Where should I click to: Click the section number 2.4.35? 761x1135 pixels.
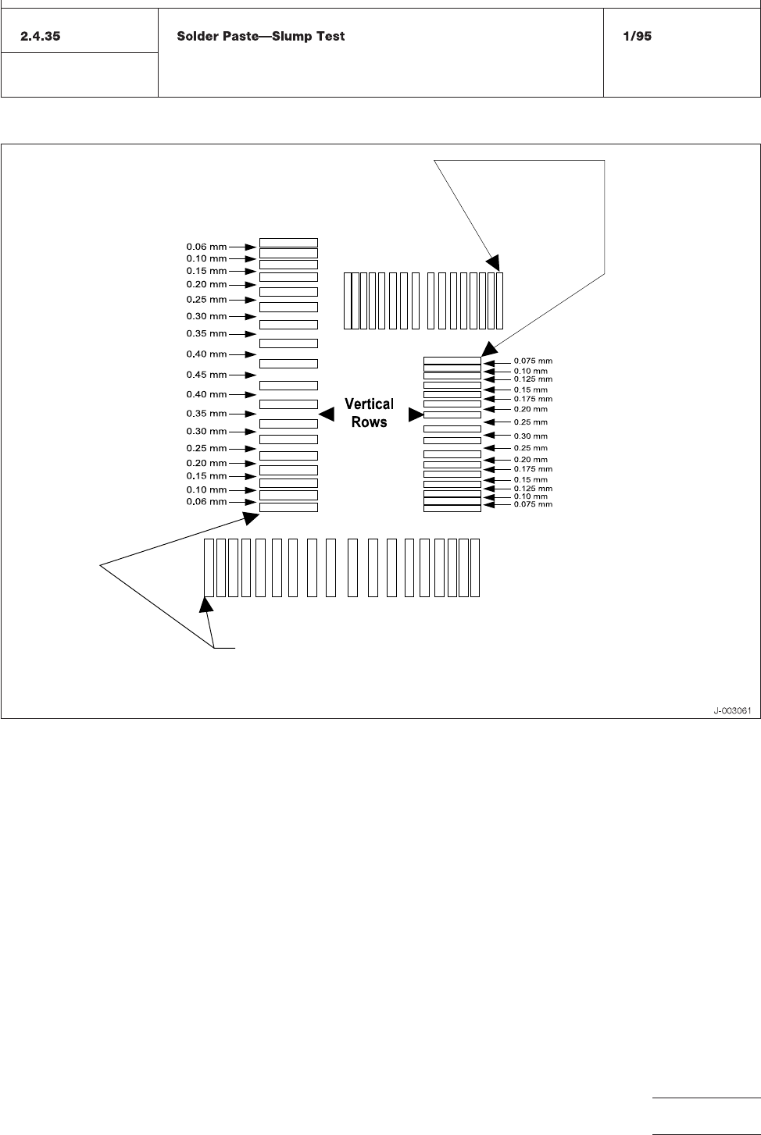pyautogui.click(x=40, y=37)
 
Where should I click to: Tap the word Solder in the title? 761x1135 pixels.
pyautogui.click(x=196, y=37)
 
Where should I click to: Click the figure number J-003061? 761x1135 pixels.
pyautogui.click(x=732, y=710)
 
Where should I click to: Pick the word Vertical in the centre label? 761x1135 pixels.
pyautogui.click(x=369, y=404)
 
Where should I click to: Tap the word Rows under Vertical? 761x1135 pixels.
pyautogui.click(x=369, y=422)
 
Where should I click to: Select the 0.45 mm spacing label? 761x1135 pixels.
pyautogui.click(x=206, y=375)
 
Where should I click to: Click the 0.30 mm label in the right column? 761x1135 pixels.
pyautogui.click(x=531, y=436)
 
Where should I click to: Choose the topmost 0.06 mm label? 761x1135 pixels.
pyautogui.click(x=206, y=247)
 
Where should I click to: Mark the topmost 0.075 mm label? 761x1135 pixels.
pyautogui.click(x=533, y=361)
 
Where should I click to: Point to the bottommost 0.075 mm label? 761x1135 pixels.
pyautogui.click(x=533, y=504)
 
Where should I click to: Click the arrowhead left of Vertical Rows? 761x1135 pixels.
pyautogui.click(x=327, y=415)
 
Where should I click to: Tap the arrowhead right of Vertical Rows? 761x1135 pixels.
pyautogui.click(x=416, y=415)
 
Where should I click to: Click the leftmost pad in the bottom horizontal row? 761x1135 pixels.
pyautogui.click(x=209, y=567)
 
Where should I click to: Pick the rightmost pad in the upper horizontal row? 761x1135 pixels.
pyautogui.click(x=500, y=301)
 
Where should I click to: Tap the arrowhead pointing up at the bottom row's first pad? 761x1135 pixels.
pyautogui.click(x=207, y=603)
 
